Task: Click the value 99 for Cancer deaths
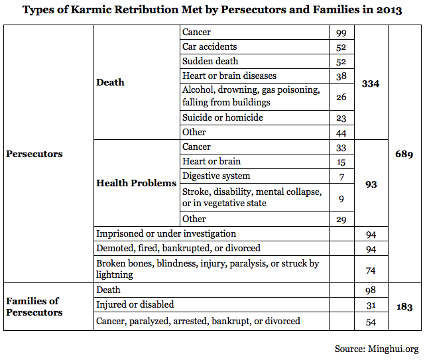click(x=341, y=32)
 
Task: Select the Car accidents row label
click(x=210, y=46)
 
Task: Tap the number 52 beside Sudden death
click(x=341, y=62)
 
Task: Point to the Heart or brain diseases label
click(x=229, y=76)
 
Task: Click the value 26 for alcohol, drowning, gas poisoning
click(x=341, y=97)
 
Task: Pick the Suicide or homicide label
click(x=223, y=117)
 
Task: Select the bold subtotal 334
click(x=371, y=84)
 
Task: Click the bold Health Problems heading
click(x=137, y=183)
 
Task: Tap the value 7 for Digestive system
click(x=341, y=177)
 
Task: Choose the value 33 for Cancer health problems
click(x=341, y=148)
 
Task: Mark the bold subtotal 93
click(x=371, y=184)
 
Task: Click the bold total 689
click(x=404, y=154)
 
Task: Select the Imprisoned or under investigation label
click(x=166, y=233)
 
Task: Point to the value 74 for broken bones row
click(x=371, y=270)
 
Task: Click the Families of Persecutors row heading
click(x=34, y=306)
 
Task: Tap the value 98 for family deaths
click(x=371, y=290)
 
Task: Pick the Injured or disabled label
click(x=135, y=304)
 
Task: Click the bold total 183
click(x=404, y=307)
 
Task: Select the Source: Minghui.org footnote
click(x=377, y=349)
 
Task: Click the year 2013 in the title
click(x=389, y=10)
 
